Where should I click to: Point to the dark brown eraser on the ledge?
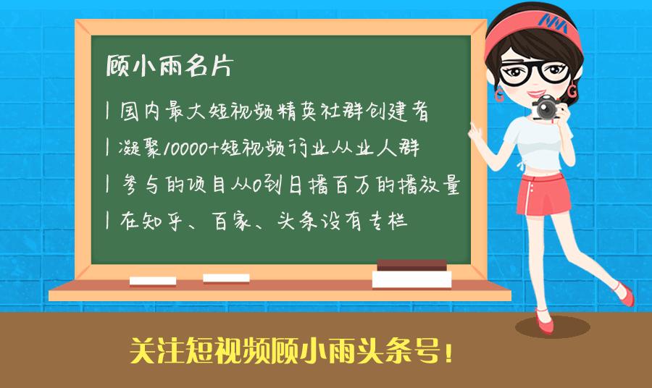[x=411, y=264]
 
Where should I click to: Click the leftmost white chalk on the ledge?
[x=152, y=281]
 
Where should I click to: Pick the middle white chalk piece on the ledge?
[x=226, y=278]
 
